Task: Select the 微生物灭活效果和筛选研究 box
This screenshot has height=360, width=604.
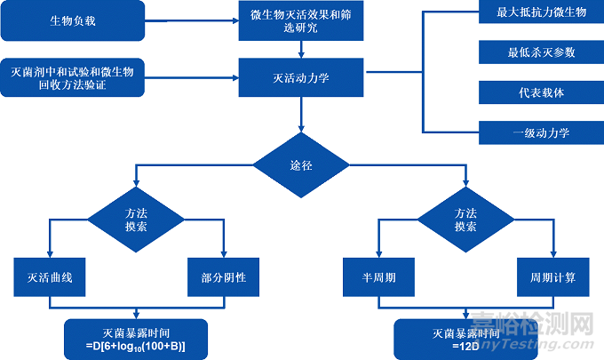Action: (301, 22)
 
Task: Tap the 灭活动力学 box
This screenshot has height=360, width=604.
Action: (301, 77)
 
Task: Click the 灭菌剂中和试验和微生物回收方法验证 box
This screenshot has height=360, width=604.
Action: (72, 77)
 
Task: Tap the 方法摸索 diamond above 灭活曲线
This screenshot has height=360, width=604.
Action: (136, 220)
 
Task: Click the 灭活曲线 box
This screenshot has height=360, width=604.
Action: (50, 277)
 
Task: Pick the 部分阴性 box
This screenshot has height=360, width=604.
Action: (223, 277)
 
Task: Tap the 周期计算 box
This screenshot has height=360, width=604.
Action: (547, 277)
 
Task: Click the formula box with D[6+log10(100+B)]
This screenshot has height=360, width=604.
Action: (136, 337)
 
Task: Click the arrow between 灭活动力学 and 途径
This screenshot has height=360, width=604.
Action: (301, 116)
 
